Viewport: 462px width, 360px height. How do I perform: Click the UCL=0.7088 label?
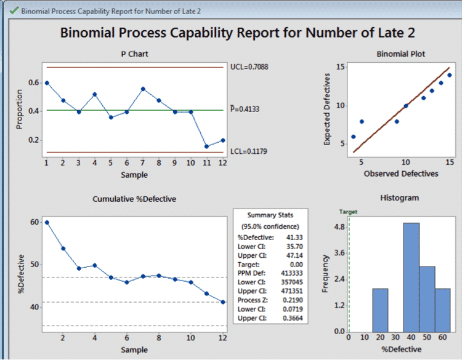tap(249, 67)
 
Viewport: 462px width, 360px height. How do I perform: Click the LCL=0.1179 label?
tap(249, 151)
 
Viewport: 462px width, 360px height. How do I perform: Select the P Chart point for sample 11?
tap(206, 146)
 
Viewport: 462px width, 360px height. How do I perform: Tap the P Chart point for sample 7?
tap(143, 89)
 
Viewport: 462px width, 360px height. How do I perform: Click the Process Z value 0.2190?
tap(293, 300)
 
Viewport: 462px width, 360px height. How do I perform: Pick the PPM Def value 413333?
tap(292, 273)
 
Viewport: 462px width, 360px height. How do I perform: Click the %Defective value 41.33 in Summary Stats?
tap(294, 238)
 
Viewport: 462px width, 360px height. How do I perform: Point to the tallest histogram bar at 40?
tap(411, 278)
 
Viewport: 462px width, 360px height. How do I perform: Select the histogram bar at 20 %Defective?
tap(380, 310)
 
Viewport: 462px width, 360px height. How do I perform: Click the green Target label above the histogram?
tap(348, 212)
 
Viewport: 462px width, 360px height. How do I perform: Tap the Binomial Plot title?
tap(401, 54)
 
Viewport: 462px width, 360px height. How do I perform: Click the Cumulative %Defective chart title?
tap(134, 199)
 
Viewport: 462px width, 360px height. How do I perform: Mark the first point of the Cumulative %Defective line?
tap(47, 223)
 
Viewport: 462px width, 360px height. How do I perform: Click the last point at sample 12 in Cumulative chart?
tap(223, 302)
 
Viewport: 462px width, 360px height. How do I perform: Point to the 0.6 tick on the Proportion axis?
tap(34, 82)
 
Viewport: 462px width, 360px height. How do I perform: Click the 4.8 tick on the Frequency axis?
tap(339, 227)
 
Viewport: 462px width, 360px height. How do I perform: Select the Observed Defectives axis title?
tap(401, 174)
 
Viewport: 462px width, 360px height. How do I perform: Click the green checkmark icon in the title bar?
tap(14, 11)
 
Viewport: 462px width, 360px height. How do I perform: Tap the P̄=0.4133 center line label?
tap(245, 109)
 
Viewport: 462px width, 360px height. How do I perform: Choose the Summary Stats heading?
tap(270, 215)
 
